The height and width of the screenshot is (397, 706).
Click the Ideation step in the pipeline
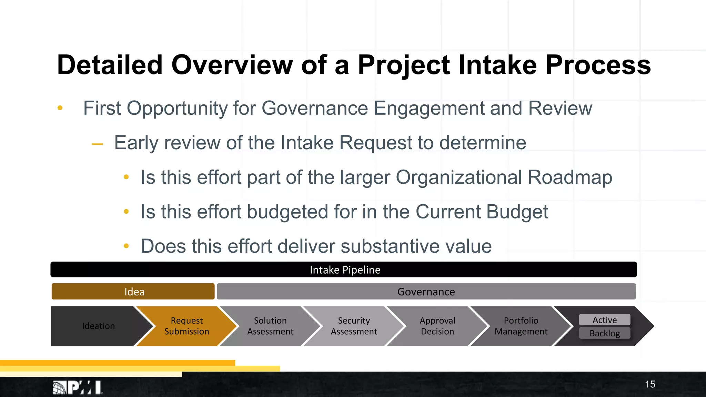coord(98,326)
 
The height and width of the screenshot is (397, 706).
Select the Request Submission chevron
coord(186,326)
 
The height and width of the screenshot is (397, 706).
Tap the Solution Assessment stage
coord(270,326)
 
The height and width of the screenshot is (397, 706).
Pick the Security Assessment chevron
coord(354,326)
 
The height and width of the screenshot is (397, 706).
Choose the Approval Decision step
coord(437,326)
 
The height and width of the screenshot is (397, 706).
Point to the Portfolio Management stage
coord(521,326)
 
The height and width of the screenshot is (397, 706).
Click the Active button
coord(605,320)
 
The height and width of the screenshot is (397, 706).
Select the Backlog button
coord(605,333)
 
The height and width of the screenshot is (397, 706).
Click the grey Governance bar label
coord(426,292)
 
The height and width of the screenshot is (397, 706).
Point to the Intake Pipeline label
coord(345,270)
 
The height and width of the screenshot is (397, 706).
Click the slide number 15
coord(650,384)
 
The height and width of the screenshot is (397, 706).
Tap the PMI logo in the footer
coord(78,387)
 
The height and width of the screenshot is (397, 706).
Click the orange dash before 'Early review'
coord(97,144)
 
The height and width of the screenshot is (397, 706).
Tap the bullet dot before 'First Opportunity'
coord(60,108)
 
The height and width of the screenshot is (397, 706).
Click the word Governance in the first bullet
coord(315,108)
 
